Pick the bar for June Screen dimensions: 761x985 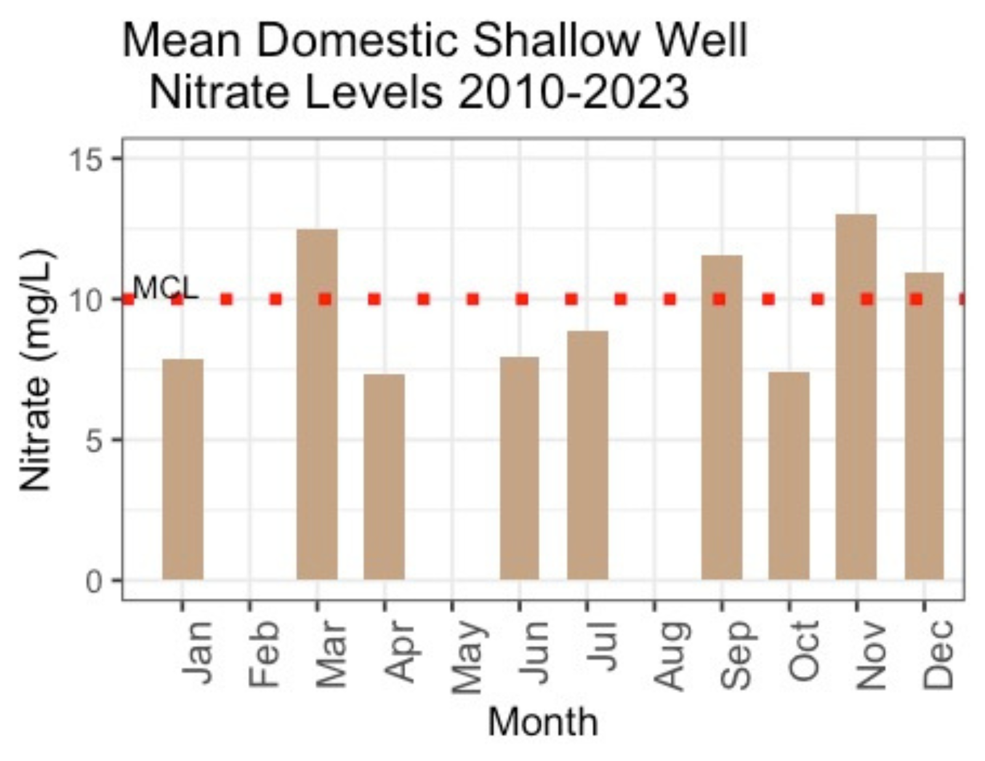pyautogui.click(x=519, y=468)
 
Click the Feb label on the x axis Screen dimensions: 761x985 pyautogui.click(x=265, y=653)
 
